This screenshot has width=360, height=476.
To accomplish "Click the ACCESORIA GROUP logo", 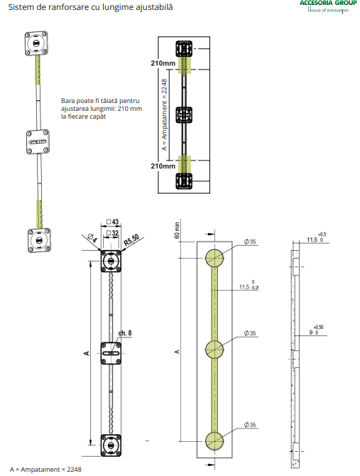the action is pyautogui.click(x=328, y=6).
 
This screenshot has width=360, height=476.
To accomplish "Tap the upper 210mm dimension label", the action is pyautogui.click(x=163, y=63).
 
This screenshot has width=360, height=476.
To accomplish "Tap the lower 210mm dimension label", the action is pyautogui.click(x=163, y=166).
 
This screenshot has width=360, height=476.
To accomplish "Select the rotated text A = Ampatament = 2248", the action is pyautogui.click(x=165, y=114).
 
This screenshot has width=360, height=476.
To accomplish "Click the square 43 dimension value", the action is pyautogui.click(x=112, y=222).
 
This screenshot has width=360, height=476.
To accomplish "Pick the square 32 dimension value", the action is pyautogui.click(x=112, y=233).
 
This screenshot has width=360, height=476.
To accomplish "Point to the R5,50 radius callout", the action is pyautogui.click(x=132, y=239).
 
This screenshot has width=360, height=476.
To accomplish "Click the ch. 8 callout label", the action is pyautogui.click(x=125, y=333).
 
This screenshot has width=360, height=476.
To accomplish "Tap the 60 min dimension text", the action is pyautogui.click(x=177, y=230).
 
